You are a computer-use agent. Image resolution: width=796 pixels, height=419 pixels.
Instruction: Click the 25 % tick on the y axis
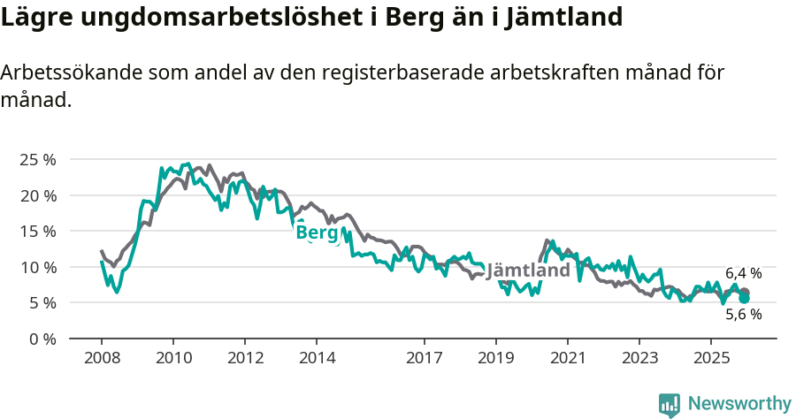(x=37, y=159)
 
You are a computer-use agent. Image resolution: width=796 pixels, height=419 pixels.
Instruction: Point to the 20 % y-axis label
(x=37, y=195)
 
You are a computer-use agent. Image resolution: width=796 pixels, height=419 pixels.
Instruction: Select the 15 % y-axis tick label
(x=37, y=231)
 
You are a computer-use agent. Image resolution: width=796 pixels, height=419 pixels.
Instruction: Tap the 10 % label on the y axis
(x=37, y=267)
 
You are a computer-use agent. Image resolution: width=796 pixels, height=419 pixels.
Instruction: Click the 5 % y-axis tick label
(x=42, y=302)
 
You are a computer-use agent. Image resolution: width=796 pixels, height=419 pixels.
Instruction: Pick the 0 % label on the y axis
(x=42, y=339)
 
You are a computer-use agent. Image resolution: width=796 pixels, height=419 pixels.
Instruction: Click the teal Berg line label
(x=318, y=232)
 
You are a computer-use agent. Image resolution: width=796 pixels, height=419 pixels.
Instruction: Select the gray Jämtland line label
(x=528, y=270)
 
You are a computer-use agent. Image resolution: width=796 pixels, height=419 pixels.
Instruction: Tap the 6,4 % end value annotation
(x=744, y=274)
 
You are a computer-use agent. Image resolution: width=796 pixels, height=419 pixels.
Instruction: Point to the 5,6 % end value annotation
(x=744, y=314)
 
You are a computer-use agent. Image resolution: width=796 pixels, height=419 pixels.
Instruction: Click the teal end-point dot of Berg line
(x=745, y=299)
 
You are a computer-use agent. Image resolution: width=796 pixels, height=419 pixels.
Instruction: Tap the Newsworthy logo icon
(x=670, y=405)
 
